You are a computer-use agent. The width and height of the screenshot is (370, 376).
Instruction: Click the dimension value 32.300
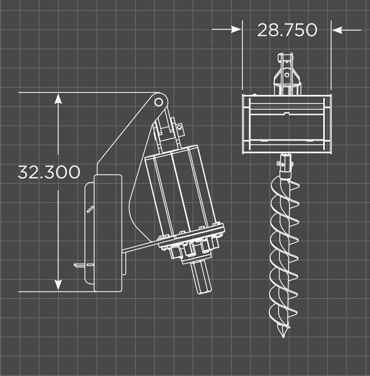tap(49, 172)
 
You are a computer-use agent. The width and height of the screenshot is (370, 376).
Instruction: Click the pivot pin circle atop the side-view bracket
tap(158, 99)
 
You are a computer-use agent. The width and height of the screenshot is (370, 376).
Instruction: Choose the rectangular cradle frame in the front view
tap(286, 123)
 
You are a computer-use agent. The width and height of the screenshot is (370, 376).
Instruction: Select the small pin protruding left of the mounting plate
tap(80, 266)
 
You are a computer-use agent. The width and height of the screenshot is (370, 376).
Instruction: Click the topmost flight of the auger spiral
tap(284, 185)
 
